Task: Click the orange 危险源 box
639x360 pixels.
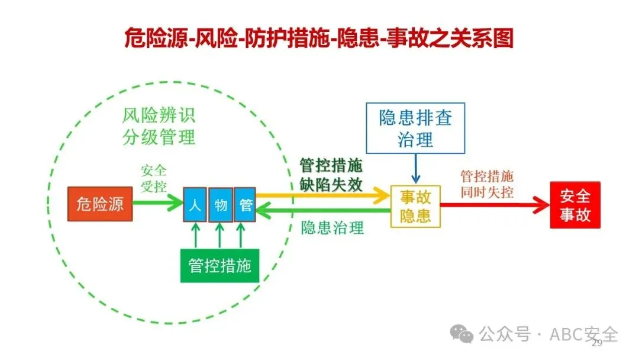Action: [100, 204]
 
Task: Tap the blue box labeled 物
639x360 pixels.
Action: [221, 204]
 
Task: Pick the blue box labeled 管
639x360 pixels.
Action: [245, 204]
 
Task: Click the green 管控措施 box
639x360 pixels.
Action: [220, 265]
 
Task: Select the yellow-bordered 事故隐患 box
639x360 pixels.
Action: [415, 206]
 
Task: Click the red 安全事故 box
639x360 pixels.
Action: [575, 205]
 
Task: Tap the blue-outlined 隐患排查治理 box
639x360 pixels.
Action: [415, 128]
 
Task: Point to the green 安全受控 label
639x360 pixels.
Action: [153, 178]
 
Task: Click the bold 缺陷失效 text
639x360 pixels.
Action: [331, 184]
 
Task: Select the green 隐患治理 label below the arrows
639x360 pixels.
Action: [332, 228]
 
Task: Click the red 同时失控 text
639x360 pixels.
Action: [486, 192]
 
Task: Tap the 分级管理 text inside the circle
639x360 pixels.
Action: [159, 137]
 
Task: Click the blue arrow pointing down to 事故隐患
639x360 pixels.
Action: [416, 168]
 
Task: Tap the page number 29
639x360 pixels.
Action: [597, 343]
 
